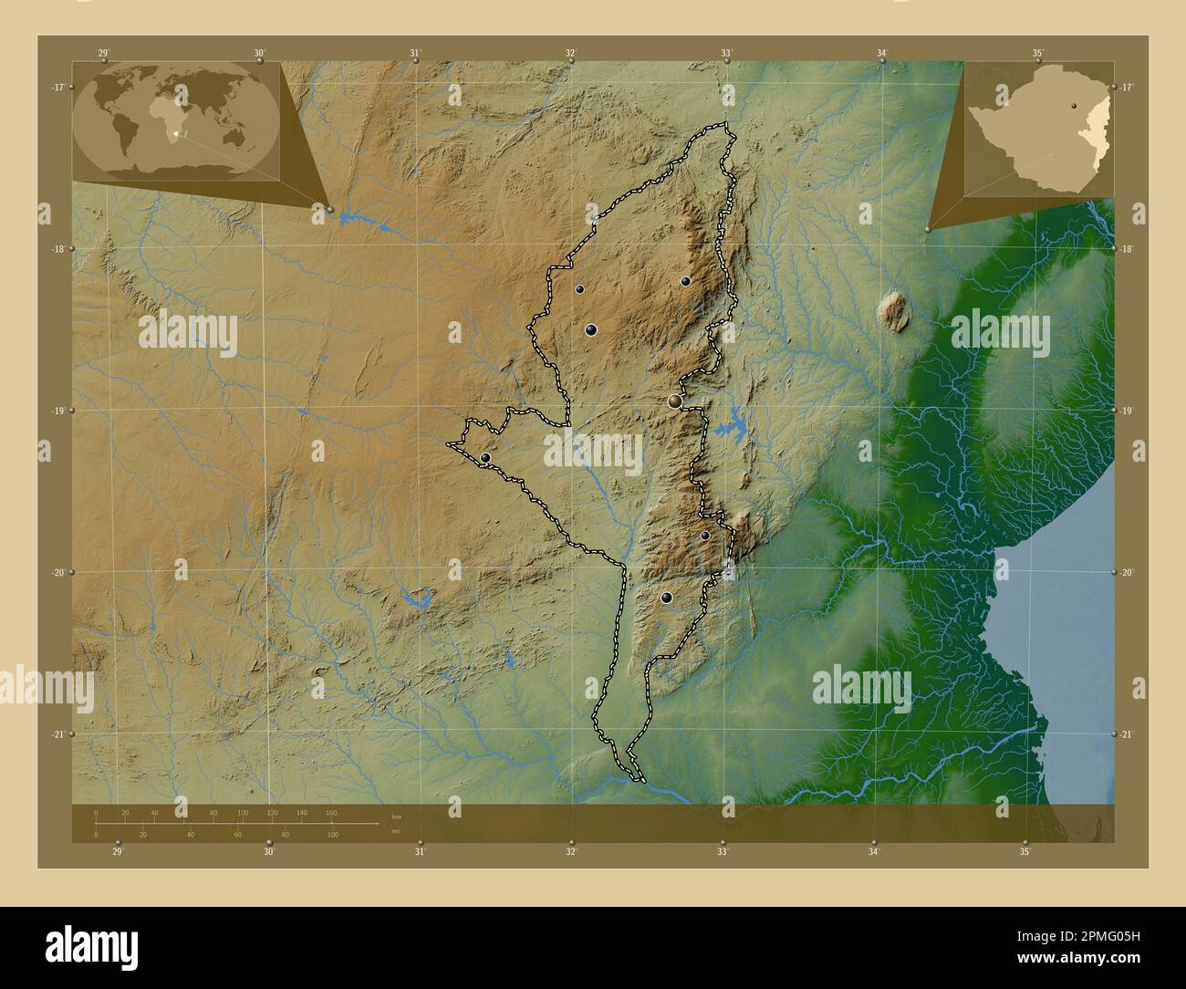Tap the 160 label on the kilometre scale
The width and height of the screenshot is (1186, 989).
coord(331,812)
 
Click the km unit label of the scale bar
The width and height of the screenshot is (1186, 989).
coord(396,816)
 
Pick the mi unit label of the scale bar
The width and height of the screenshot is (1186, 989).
coord(395,830)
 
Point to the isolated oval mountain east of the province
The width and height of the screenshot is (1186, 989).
coord(893,310)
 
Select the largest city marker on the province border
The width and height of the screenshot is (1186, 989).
coord(675,401)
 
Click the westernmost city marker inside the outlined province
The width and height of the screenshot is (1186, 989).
coord(485,458)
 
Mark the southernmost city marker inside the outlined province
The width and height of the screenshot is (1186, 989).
coord(667,598)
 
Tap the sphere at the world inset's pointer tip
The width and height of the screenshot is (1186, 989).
coord(330,210)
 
